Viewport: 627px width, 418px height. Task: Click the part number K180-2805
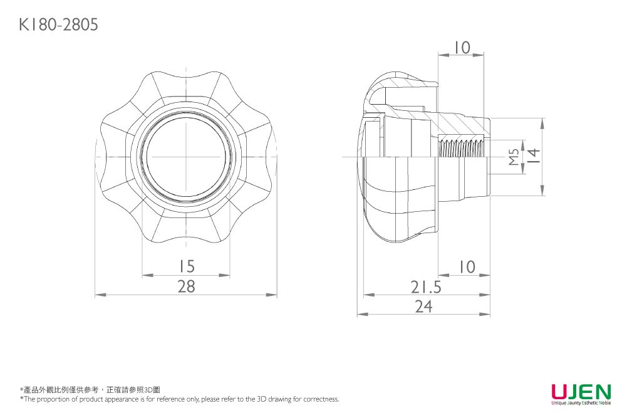click(58, 25)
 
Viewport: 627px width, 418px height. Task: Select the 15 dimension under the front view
click(186, 266)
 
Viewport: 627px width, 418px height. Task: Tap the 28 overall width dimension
click(186, 286)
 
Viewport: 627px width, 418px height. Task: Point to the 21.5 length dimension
click(426, 287)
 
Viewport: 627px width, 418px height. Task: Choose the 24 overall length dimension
click(423, 306)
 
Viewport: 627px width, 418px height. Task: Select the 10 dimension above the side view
click(462, 48)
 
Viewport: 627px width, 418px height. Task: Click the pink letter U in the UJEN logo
click(560, 392)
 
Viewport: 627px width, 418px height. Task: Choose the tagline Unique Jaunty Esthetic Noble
click(581, 404)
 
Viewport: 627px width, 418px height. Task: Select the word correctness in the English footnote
click(322, 399)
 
